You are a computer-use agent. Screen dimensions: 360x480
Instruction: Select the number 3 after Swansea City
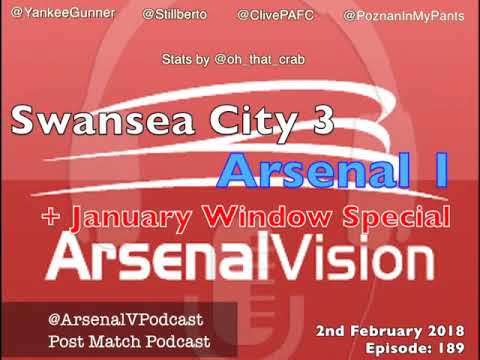pos(320,121)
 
